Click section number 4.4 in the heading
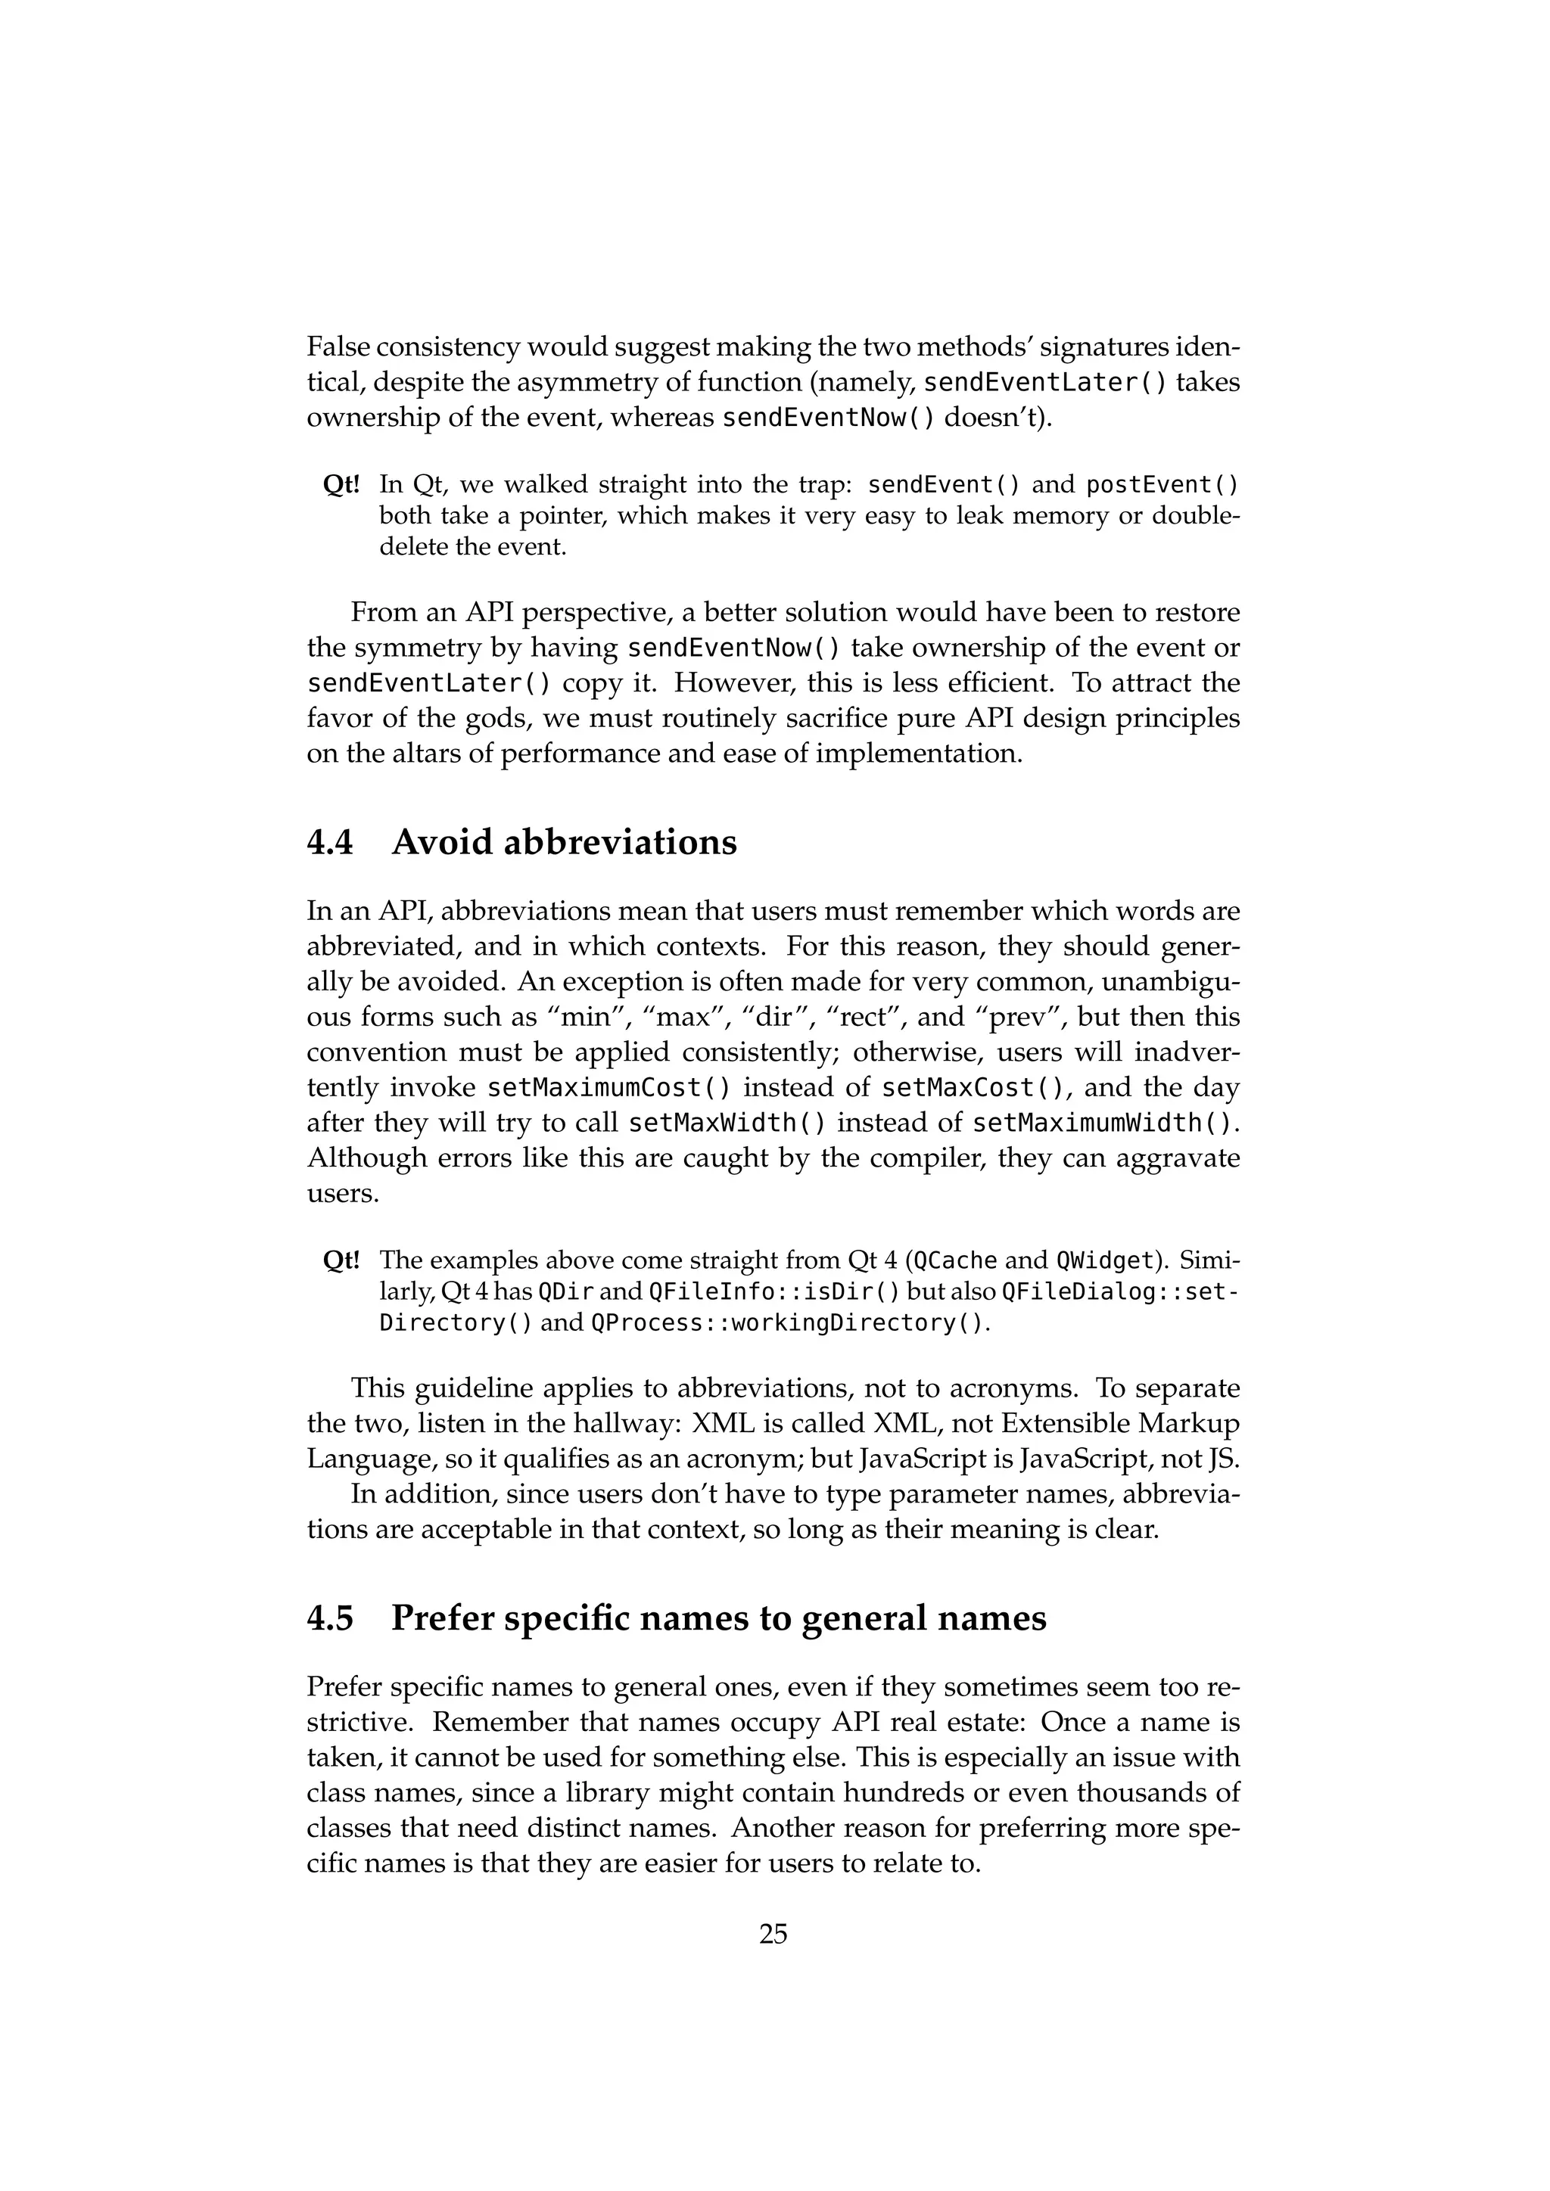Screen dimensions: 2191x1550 tap(330, 843)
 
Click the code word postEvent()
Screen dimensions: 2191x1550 tap(1162, 485)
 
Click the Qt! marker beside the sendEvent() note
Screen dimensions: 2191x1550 tap(341, 485)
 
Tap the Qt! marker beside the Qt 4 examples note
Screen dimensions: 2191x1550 tap(341, 1260)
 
